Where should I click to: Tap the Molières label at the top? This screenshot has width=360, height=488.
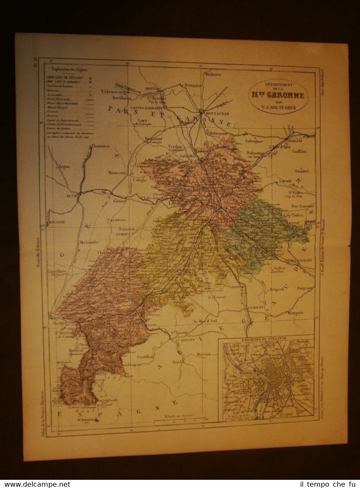pyautogui.click(x=213, y=75)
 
